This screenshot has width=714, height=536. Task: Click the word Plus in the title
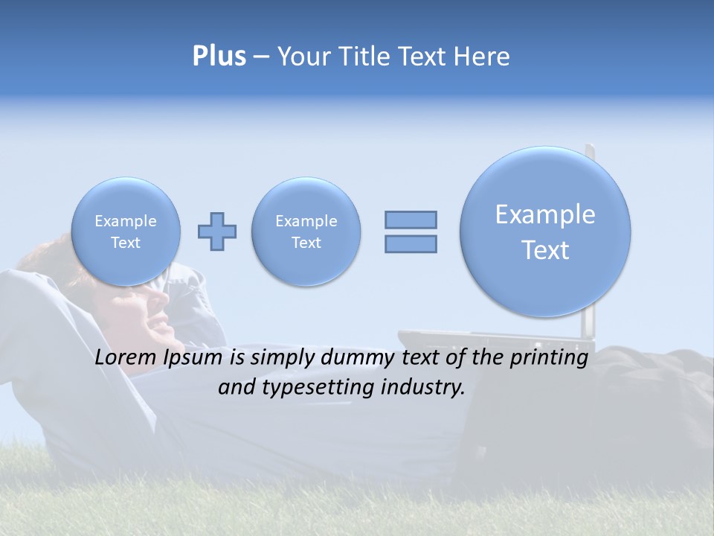point(219,57)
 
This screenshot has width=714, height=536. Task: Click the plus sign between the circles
point(217,232)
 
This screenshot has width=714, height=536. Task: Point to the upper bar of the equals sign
point(411,220)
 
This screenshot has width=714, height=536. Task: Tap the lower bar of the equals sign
point(411,243)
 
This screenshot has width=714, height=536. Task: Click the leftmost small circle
point(126,232)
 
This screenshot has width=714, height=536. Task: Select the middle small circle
point(306,232)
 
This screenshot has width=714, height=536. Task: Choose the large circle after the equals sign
point(545,232)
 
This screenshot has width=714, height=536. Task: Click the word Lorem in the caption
point(126,358)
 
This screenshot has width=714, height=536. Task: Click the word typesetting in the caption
point(309,388)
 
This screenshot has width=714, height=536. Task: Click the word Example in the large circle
point(545,215)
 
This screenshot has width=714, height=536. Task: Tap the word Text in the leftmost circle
point(126,243)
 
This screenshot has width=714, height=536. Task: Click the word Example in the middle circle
point(306,221)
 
